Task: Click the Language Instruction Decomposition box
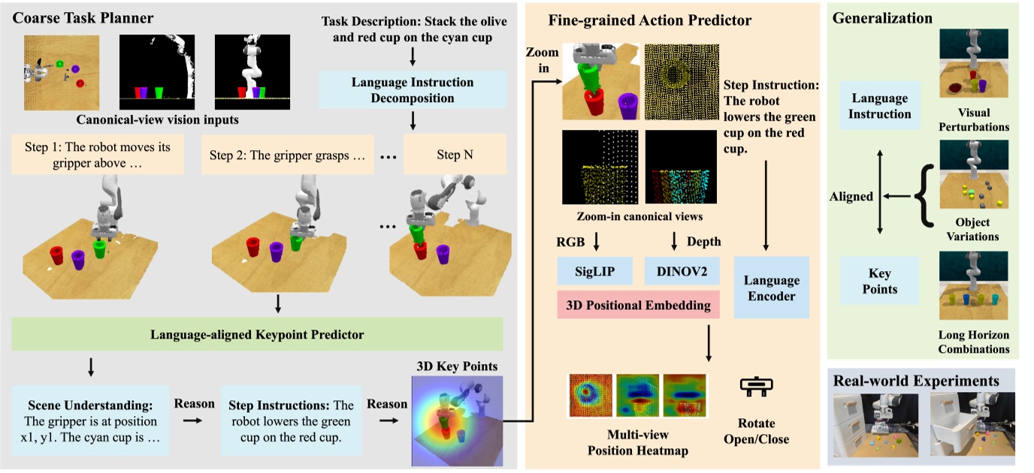point(413,90)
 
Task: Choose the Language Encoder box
point(771,288)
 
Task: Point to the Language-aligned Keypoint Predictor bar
point(258,334)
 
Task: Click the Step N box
point(455,155)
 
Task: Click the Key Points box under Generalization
point(879,282)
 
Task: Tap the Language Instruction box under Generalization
point(879,106)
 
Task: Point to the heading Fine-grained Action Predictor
point(649,20)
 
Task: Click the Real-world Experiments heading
point(916,381)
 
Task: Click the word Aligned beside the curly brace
point(851,197)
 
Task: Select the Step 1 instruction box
point(97,155)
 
